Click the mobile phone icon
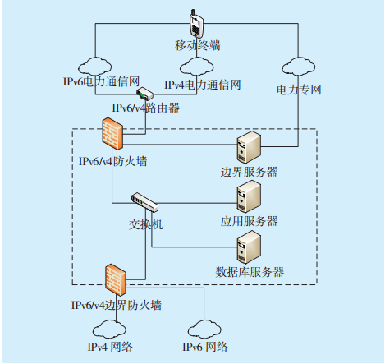[x=196, y=24]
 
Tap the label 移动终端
[x=198, y=45]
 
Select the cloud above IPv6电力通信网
[x=95, y=66]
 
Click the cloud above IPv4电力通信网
[x=197, y=67]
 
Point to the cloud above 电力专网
[x=298, y=67]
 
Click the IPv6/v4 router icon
[x=145, y=94]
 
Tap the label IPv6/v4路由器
[x=146, y=108]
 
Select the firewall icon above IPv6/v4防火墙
[x=112, y=134]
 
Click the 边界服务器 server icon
[x=249, y=147]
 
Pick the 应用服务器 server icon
[x=249, y=196]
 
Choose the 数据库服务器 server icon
[x=249, y=247]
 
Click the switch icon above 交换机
[x=144, y=202]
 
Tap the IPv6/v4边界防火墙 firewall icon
[x=116, y=279]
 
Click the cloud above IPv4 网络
[x=109, y=329]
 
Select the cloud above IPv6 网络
[x=204, y=329]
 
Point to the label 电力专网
[x=299, y=90]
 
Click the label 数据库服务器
[x=250, y=272]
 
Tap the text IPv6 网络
[x=205, y=347]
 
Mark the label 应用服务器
[x=249, y=221]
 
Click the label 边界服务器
[x=249, y=172]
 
